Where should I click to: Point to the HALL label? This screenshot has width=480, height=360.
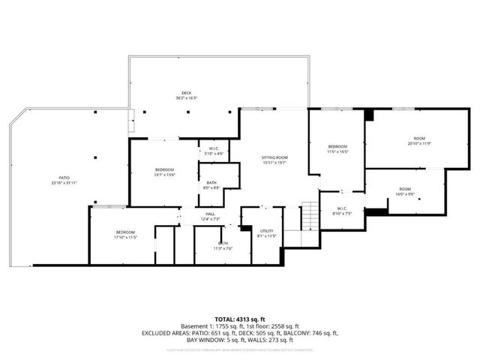click(211, 216)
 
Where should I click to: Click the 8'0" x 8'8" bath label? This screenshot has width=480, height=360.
click(211, 184)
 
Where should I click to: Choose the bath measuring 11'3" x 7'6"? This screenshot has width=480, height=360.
click(223, 245)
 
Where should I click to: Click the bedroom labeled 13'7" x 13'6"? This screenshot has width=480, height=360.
click(164, 172)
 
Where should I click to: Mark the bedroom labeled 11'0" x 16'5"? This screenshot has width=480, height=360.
click(337, 148)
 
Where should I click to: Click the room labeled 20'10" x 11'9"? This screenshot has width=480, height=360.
click(420, 141)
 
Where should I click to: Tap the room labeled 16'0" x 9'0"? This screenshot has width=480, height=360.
click(405, 191)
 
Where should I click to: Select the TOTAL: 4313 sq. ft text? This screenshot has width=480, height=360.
click(240, 320)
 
